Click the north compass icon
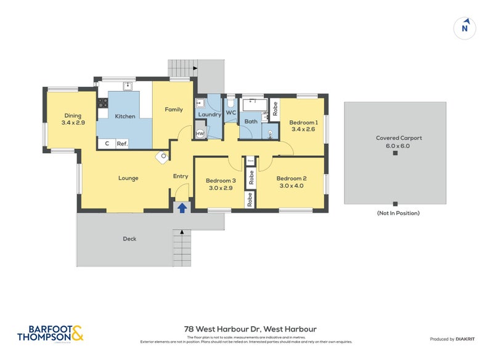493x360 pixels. click(465, 27)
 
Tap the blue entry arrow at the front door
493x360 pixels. click(182, 208)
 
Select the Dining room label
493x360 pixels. click(73, 115)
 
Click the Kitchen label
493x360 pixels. click(125, 116)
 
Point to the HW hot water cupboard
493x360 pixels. click(200, 133)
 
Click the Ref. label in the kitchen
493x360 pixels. click(122, 144)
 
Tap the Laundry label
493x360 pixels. click(210, 114)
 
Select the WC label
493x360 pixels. click(231, 113)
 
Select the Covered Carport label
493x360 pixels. click(394, 139)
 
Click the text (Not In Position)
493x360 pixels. click(397, 213)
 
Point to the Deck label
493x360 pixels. click(129, 239)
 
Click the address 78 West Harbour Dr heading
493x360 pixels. click(246, 329)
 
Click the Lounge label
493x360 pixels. click(128, 178)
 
